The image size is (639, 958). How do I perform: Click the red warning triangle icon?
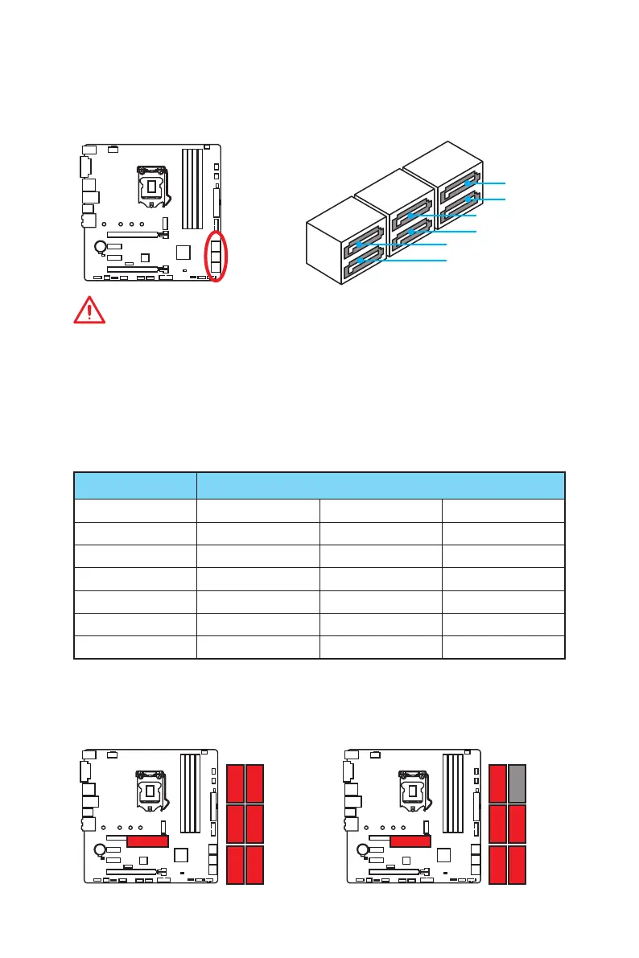89,310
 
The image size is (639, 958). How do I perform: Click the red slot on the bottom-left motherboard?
148,841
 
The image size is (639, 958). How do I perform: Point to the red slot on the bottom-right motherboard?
411,841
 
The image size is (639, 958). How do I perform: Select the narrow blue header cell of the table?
135,486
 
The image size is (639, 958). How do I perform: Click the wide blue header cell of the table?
381,486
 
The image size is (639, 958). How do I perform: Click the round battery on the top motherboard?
99,247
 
